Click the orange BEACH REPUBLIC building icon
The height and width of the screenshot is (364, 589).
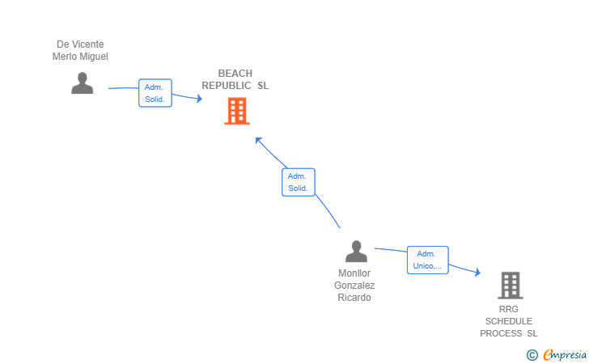[x=237, y=111]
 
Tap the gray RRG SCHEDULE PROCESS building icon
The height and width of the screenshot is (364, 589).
[x=511, y=285]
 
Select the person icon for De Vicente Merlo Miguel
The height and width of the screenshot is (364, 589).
[x=83, y=83]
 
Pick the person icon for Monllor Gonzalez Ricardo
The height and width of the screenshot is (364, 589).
[x=356, y=252]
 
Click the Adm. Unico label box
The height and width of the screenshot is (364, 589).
[x=428, y=260]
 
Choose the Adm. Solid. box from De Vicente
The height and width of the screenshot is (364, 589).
[x=155, y=93]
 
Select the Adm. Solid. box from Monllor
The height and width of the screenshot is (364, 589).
[x=299, y=182]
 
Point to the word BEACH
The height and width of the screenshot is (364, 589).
[x=235, y=74]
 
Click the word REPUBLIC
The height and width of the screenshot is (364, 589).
[x=227, y=86]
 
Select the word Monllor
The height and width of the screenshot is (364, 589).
[x=354, y=273]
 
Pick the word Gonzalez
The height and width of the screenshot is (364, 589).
[x=354, y=285]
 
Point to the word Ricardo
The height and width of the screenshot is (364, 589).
[x=354, y=298]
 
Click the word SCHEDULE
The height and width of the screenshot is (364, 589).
[x=509, y=321]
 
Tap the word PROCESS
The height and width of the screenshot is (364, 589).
[x=501, y=333]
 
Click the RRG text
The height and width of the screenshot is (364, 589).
[x=509, y=309]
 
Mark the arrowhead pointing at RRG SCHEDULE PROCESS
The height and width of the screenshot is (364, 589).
[x=477, y=272]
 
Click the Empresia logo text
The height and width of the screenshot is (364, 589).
[x=565, y=355]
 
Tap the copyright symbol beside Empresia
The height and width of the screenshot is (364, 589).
[x=532, y=355]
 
